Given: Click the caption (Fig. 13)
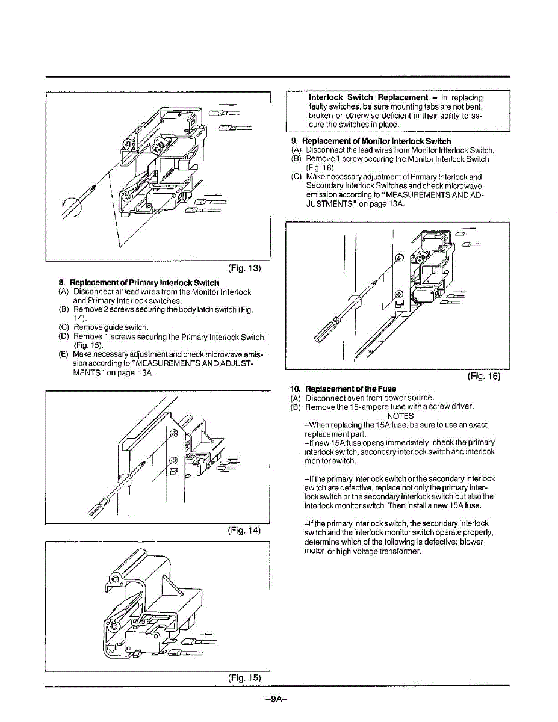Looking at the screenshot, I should point(244,268).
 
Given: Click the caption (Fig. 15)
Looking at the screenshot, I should point(244,677).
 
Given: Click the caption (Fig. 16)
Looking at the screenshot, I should point(484,377).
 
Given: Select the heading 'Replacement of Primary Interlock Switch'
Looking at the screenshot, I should point(144,283).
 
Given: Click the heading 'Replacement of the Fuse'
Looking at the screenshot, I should point(350,389).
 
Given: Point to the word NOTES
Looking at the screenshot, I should point(400,416).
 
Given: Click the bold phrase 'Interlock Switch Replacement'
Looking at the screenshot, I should point(368,97).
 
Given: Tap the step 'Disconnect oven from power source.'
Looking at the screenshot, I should point(370,398).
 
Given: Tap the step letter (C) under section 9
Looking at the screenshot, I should point(296,177).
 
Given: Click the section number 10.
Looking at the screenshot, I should point(295,389).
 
